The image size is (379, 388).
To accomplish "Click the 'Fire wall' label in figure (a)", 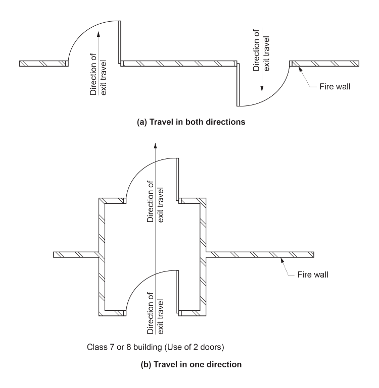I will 335,86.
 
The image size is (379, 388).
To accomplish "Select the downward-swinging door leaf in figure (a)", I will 238,84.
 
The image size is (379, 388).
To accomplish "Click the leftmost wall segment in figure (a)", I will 43,64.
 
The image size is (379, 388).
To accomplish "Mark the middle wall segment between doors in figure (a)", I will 179,64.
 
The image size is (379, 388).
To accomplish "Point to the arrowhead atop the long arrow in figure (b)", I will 156,145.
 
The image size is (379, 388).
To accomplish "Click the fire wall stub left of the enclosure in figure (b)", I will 76,254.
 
